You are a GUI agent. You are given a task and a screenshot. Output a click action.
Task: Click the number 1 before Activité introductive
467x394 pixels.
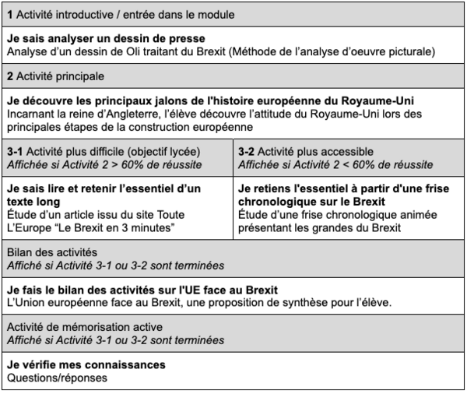click(9, 15)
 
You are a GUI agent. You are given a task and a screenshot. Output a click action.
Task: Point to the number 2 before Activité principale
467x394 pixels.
click(9, 76)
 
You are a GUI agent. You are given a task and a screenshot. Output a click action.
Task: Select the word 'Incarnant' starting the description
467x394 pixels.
click(30, 114)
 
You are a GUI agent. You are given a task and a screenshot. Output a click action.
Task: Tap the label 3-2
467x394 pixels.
click(248, 150)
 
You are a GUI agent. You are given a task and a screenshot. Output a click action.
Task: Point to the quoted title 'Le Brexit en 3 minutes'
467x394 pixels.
click(117, 226)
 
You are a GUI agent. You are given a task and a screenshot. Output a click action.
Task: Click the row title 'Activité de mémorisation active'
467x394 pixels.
click(84, 326)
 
